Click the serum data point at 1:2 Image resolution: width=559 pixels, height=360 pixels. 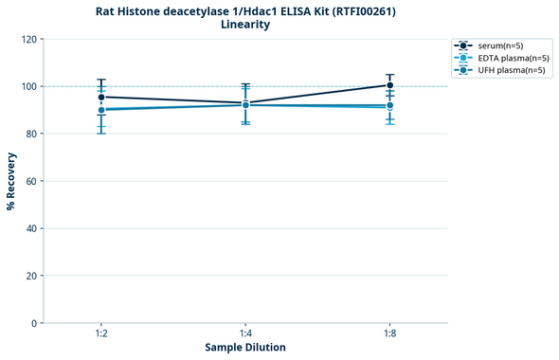pyautogui.click(x=101, y=97)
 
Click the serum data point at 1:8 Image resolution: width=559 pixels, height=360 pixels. pyautogui.click(x=389, y=85)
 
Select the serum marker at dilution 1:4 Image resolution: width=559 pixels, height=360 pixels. pyautogui.click(x=245, y=103)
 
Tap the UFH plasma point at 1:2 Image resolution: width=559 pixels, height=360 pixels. pyautogui.click(x=101, y=110)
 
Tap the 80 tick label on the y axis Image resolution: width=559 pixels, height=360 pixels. pyautogui.click(x=30, y=134)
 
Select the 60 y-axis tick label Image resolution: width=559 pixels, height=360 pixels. pyautogui.click(x=30, y=181)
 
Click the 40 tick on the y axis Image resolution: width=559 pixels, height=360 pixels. pyautogui.click(x=30, y=228)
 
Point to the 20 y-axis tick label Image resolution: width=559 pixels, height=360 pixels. pyautogui.click(x=30, y=276)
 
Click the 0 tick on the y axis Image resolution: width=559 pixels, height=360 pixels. pyautogui.click(x=33, y=323)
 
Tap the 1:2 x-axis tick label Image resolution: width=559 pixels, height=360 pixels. pyautogui.click(x=101, y=334)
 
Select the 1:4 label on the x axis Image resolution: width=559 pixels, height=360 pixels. pyautogui.click(x=245, y=334)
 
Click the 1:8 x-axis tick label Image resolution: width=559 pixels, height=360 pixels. pyautogui.click(x=389, y=334)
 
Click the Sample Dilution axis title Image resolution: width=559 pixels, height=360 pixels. pyautogui.click(x=245, y=348)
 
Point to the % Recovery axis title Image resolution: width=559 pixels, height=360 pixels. pyautogui.click(x=11, y=181)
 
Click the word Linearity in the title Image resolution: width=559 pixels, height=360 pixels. pyautogui.click(x=244, y=25)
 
